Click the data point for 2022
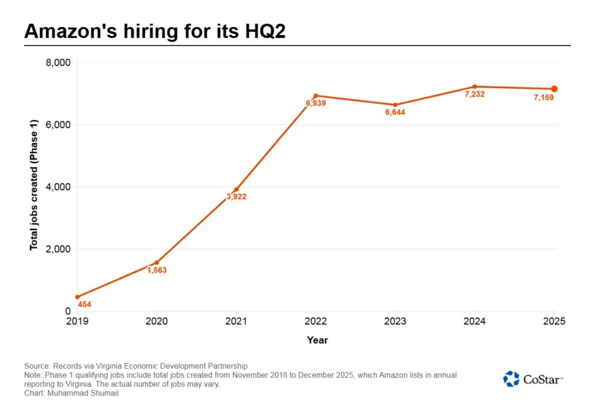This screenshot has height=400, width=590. click(316, 96)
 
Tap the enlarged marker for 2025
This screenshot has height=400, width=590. click(554, 89)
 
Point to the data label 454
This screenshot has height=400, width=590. click(85, 304)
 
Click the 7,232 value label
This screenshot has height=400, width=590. click(475, 95)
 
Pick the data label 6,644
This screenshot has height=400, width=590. click(395, 112)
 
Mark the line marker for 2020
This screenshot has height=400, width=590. click(157, 262)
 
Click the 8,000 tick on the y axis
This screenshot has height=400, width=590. click(58, 62)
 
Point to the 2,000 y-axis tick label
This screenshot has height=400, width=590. click(58, 249)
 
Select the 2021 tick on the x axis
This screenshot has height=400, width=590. click(236, 321)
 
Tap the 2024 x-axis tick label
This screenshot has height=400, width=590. click(475, 321)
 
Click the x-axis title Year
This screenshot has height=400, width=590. click(317, 340)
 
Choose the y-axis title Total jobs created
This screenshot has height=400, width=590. click(33, 184)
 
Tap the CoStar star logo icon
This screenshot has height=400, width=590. click(511, 379)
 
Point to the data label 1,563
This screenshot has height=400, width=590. click(156, 270)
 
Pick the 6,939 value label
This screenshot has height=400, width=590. click(316, 104)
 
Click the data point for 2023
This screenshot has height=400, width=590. click(395, 105)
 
